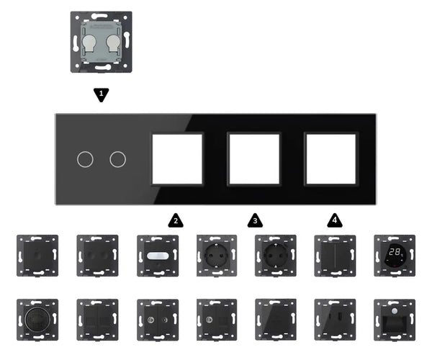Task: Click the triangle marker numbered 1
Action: (102, 94)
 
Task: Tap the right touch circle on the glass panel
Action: (117, 158)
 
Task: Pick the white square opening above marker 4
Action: (331, 158)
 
